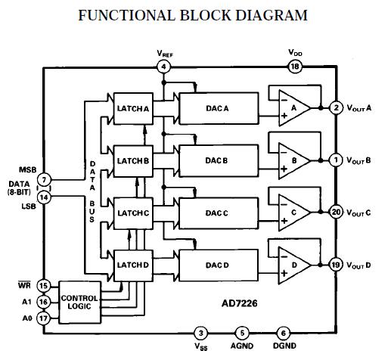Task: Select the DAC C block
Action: coord(216,213)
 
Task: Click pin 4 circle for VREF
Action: coord(163,68)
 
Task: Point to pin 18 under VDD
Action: coord(296,67)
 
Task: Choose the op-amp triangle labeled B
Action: coord(293,160)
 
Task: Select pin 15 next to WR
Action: coord(43,286)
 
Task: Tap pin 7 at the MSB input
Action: coord(45,180)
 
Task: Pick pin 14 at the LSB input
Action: coord(45,197)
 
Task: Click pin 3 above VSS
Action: coord(200,333)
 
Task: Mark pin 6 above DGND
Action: coord(283,333)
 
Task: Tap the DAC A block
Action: coord(216,108)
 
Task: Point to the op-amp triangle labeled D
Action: coord(293,264)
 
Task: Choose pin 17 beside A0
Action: coord(43,318)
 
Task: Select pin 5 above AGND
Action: coord(241,333)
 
